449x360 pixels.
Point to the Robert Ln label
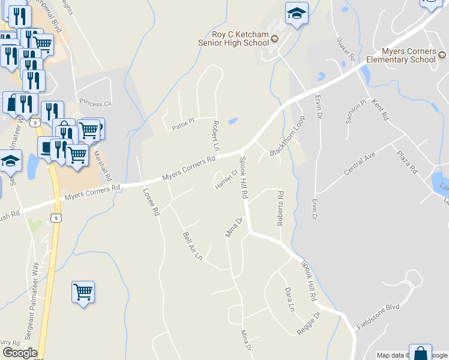click(215, 135)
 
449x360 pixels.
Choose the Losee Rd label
click(150, 202)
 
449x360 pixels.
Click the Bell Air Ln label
click(192, 244)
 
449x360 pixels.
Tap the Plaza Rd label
click(407, 161)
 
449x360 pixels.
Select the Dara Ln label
click(291, 299)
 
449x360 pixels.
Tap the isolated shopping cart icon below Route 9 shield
click(83, 292)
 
